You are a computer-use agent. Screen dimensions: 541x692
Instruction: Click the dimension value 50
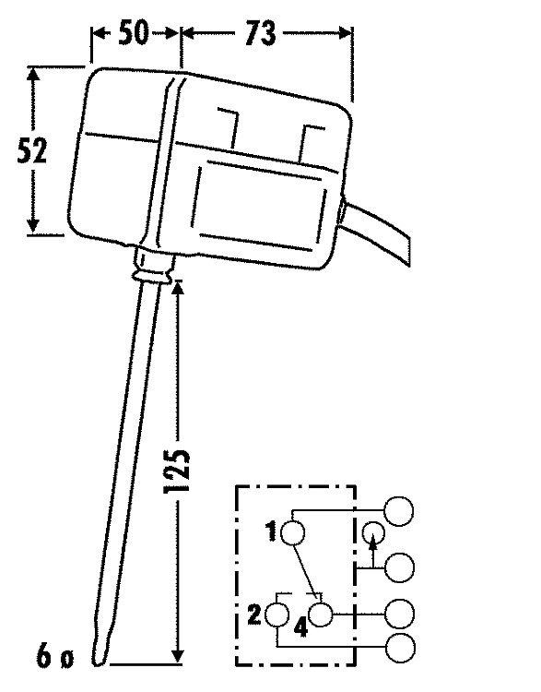pyautogui.click(x=134, y=32)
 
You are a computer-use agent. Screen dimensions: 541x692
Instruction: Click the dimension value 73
pyautogui.click(x=260, y=33)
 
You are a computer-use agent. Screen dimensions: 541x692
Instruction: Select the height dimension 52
pyautogui.click(x=31, y=150)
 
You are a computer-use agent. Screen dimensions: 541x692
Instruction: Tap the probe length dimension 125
pyautogui.click(x=177, y=471)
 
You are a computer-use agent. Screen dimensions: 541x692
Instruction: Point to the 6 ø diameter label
pyautogui.click(x=54, y=657)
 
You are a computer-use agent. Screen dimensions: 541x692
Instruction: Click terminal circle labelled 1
pyautogui.click(x=292, y=532)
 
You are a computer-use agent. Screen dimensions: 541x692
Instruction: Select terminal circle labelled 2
pyautogui.click(x=276, y=614)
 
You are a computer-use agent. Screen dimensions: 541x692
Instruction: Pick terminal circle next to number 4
pyautogui.click(x=321, y=614)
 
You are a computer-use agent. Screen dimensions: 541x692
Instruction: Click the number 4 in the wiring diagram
pyautogui.click(x=300, y=627)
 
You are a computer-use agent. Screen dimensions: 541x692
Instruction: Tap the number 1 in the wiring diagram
pyautogui.click(x=271, y=531)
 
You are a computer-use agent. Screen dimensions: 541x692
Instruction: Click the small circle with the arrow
pyautogui.click(x=373, y=533)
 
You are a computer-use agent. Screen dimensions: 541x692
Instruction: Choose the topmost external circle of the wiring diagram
pyautogui.click(x=398, y=511)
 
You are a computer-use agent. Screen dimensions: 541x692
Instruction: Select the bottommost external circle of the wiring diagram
pyautogui.click(x=400, y=648)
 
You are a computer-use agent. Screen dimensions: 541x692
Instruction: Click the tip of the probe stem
pyautogui.click(x=99, y=663)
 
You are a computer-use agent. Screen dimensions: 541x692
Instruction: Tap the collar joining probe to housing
pyautogui.click(x=153, y=267)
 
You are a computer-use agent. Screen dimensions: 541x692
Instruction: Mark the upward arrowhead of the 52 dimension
pyautogui.click(x=32, y=74)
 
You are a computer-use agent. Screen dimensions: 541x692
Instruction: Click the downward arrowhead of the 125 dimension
pyautogui.click(x=178, y=656)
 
